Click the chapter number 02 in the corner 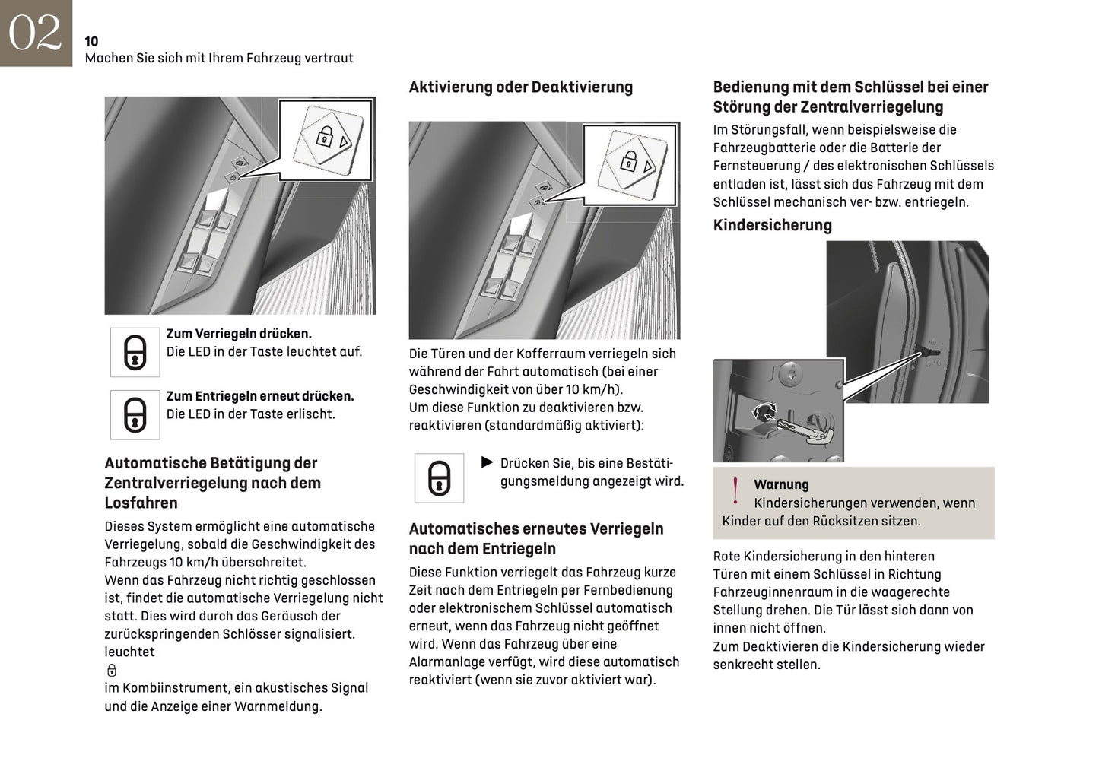click(35, 33)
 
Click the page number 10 click(91, 41)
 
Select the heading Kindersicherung click(772, 225)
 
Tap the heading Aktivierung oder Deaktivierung click(520, 87)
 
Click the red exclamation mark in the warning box click(735, 491)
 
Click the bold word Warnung click(781, 484)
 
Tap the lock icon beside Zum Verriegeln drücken click(135, 352)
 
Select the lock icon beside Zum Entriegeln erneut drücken click(135, 414)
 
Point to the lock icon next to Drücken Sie click(439, 478)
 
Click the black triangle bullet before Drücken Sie click(488, 462)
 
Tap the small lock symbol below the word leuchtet click(112, 670)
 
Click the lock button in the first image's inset click(328, 137)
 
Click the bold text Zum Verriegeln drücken click(239, 334)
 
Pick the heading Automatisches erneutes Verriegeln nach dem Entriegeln click(535, 538)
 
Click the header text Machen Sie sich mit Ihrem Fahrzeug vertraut click(219, 58)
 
